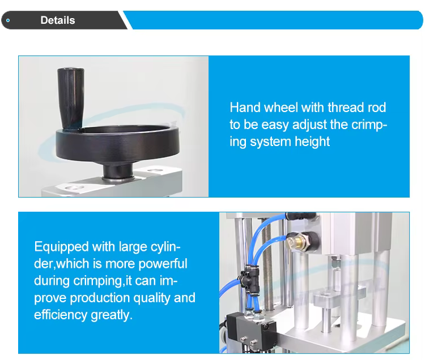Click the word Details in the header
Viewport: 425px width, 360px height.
coord(58,20)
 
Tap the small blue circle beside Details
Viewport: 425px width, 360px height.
coord(8,20)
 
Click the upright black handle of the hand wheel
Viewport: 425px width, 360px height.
coord(70,99)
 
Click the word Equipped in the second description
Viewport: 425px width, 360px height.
coord(62,247)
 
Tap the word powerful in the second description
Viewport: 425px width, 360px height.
coord(163,264)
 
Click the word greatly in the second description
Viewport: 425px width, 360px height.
coord(112,315)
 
